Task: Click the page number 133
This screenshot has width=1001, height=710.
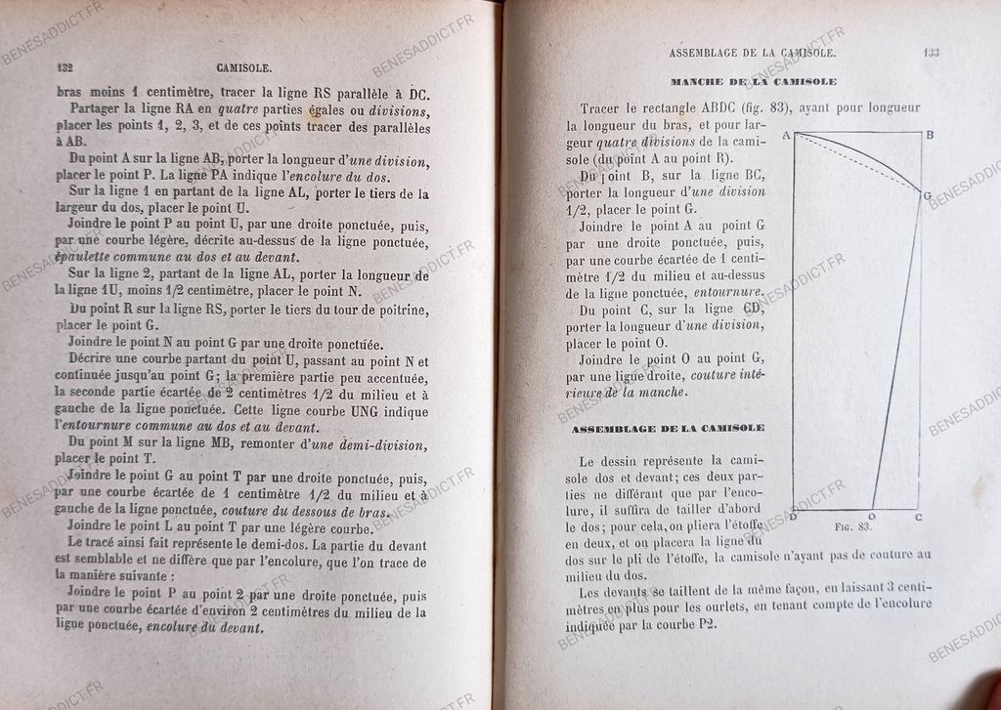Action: pos(930,54)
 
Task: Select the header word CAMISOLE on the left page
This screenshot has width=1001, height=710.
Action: pos(241,69)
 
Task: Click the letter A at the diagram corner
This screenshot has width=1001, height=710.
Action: pos(785,136)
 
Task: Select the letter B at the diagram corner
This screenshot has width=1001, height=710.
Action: pos(930,134)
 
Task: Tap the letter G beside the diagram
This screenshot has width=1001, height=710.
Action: pos(927,195)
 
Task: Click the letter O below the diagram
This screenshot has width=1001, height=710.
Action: pos(872,517)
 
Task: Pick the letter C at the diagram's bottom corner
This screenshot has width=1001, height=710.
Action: pos(918,516)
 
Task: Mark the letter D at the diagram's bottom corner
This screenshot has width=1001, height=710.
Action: pos(792,516)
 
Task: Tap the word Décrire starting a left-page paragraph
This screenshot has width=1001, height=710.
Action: pos(96,360)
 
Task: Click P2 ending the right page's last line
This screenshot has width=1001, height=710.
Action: pos(703,625)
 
